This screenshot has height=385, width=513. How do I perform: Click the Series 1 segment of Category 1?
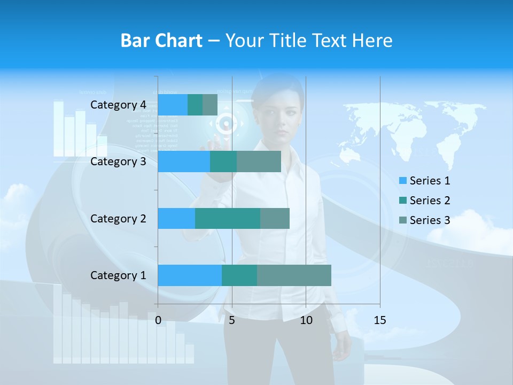190,275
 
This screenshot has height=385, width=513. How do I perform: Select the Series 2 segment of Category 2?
228,218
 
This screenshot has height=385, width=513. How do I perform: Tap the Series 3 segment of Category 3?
259,161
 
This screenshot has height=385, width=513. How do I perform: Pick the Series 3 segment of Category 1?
294,275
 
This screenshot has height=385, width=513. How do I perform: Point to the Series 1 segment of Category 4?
173,105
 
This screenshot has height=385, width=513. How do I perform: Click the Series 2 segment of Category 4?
195,105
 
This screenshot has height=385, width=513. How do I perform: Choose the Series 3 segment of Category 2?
275,218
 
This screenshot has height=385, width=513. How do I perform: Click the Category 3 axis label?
118,161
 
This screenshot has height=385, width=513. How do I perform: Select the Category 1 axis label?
118,275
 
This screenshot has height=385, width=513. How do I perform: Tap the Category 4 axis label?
118,105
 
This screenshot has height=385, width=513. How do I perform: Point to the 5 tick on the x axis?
232,320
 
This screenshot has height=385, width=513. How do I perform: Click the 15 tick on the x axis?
379,320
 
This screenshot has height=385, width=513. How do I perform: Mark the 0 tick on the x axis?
158,320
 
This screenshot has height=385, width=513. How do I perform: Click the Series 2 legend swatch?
403,201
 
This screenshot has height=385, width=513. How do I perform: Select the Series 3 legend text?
430,220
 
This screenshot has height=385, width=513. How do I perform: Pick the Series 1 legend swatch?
403,181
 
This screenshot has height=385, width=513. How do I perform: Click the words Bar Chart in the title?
161,41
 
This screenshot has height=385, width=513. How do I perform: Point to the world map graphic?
411,128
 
